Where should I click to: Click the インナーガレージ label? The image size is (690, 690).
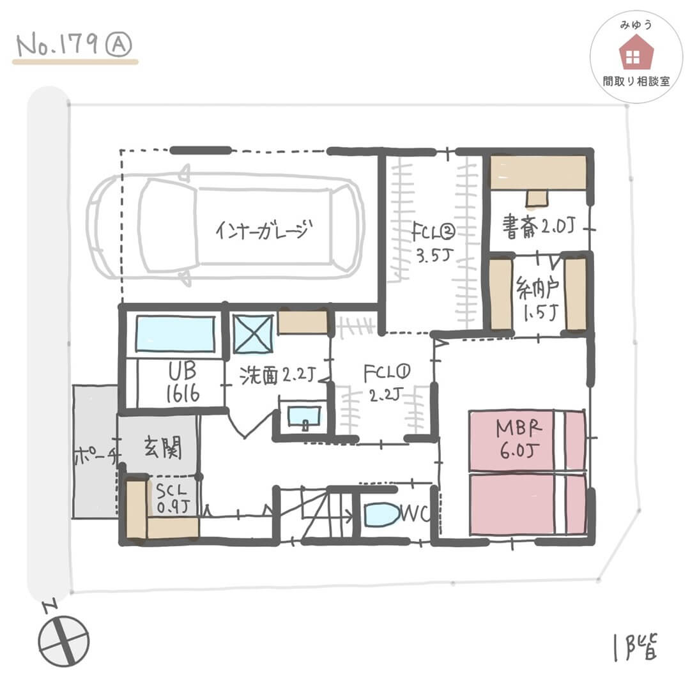pyautogui.click(x=264, y=229)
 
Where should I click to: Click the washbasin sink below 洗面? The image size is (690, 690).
pyautogui.click(x=304, y=417)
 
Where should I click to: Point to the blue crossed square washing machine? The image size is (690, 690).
pyautogui.click(x=252, y=333)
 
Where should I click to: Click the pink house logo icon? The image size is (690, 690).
pyautogui.click(x=636, y=52)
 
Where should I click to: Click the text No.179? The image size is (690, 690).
pyautogui.click(x=57, y=45)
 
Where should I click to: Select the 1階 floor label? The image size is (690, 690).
pyautogui.click(x=636, y=647)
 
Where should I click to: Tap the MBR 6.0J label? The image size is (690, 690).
pyautogui.click(x=519, y=439)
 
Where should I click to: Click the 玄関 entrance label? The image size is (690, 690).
pyautogui.click(x=162, y=447)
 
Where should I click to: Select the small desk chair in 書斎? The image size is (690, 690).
pyautogui.click(x=537, y=198)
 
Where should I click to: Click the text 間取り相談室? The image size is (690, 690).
pyautogui.click(x=636, y=81)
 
